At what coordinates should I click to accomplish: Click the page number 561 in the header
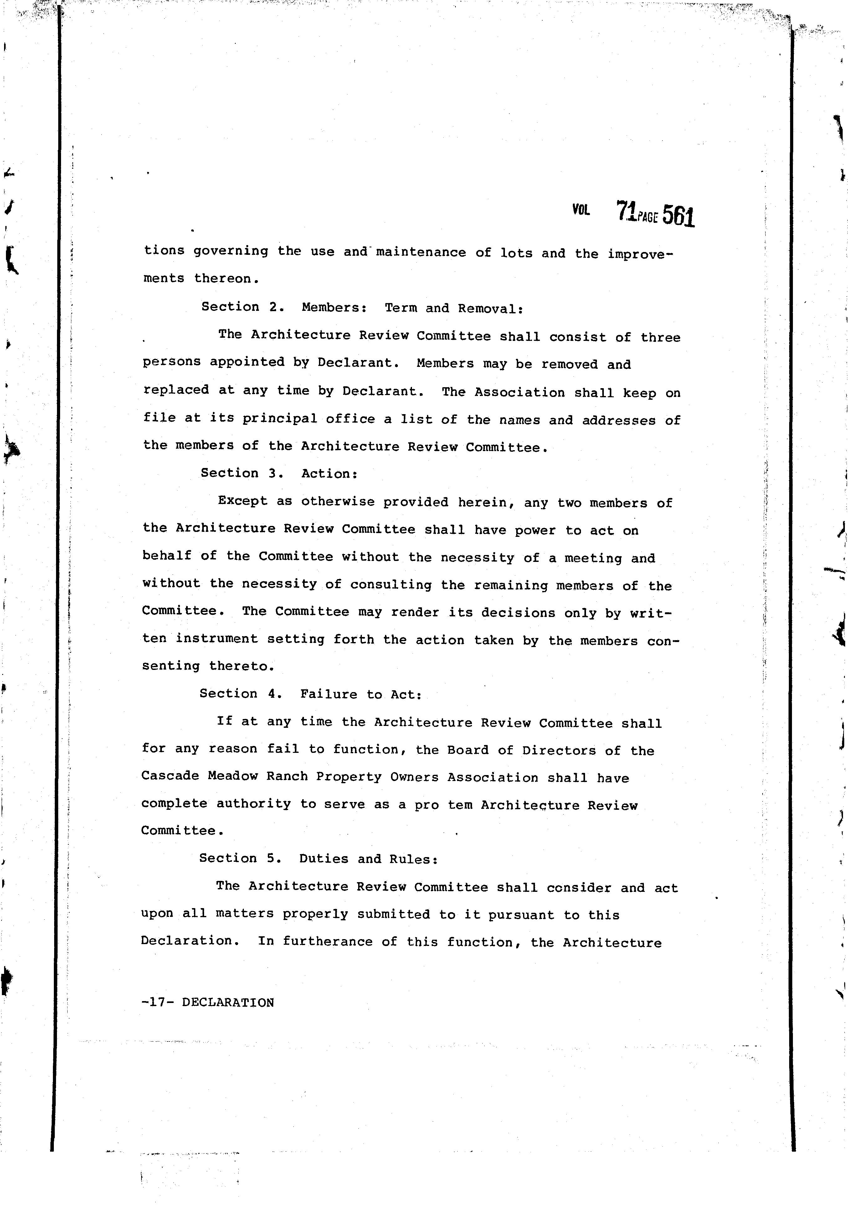click(679, 216)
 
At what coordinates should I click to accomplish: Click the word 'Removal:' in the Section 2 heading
click(490, 309)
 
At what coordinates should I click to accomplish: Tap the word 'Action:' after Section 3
click(329, 474)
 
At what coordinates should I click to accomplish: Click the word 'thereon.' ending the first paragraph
click(227, 279)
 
